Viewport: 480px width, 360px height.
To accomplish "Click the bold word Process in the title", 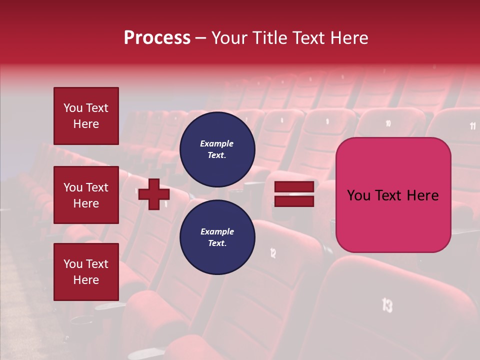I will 157,38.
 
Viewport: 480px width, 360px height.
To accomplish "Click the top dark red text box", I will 86,116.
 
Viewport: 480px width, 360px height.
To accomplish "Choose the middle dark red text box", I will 86,195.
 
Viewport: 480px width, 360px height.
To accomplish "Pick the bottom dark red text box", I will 86,272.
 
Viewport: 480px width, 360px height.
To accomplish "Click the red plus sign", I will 153,194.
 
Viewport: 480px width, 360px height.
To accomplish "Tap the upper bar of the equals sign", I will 294,186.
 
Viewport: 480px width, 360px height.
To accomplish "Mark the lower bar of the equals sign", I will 294,201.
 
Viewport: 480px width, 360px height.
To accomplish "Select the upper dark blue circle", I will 217,149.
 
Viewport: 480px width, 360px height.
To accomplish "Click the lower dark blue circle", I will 217,237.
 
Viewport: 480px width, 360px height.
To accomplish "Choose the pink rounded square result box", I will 393,195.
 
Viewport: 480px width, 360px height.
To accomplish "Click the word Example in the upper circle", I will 217,143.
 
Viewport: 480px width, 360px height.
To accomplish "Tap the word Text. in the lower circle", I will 217,243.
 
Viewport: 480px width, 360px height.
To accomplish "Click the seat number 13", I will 387,304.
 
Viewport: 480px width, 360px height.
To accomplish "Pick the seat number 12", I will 273,253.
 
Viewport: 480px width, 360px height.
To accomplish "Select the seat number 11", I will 472,126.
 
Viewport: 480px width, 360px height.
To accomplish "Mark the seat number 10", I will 388,123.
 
